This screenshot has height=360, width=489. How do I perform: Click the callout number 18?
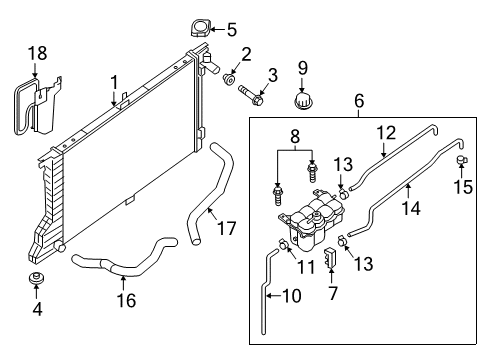coord(36,52)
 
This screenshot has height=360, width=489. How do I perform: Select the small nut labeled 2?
coord(230,77)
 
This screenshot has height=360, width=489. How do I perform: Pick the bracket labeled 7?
coord(333,268)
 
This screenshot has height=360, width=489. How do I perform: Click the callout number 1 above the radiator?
coord(114,81)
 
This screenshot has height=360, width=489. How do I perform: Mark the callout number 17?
coord(227,229)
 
